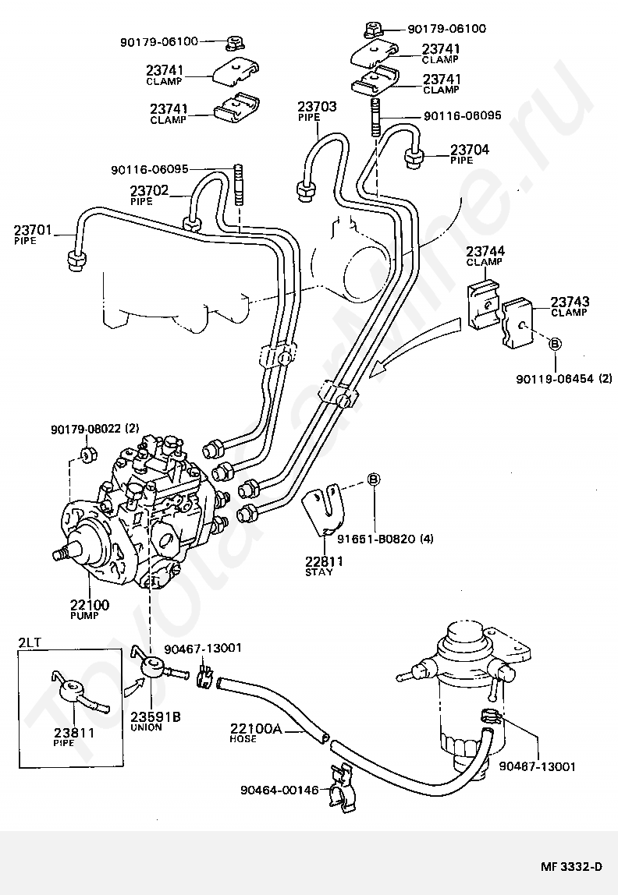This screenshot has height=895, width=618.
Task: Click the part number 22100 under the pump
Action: click(x=90, y=604)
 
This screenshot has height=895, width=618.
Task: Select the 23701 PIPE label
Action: click(x=33, y=235)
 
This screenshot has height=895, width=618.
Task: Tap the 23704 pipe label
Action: click(x=470, y=154)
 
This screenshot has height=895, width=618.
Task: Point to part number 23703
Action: click(x=317, y=106)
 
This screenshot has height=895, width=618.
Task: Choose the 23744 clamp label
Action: click(x=485, y=256)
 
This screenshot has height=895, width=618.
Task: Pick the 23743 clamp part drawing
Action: click(x=517, y=322)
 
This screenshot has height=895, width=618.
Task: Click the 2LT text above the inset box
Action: click(x=30, y=642)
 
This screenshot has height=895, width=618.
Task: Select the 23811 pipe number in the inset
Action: click(x=75, y=732)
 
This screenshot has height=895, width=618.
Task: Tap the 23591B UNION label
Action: click(x=155, y=721)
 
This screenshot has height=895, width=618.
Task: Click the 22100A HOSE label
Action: click(x=256, y=732)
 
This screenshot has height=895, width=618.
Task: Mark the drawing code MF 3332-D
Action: click(x=571, y=866)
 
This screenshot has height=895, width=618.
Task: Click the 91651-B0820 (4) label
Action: click(x=385, y=538)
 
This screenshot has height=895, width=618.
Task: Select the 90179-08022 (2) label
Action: click(x=95, y=428)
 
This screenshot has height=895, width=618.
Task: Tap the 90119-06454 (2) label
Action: click(x=563, y=378)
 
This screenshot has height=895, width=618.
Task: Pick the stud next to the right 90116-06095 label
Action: click(x=376, y=117)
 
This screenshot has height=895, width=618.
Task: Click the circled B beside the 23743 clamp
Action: click(x=555, y=343)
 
